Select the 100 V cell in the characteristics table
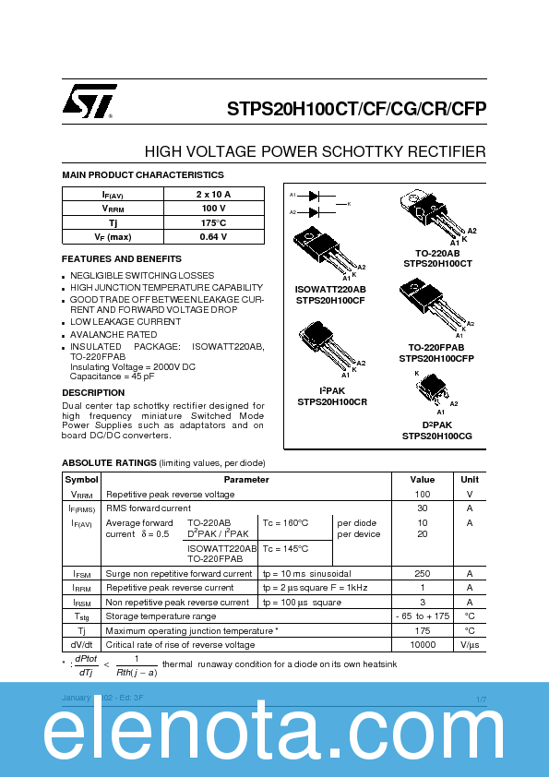[x=213, y=209]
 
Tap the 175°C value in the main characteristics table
[x=213, y=222]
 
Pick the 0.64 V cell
[x=213, y=237]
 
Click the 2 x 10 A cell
[x=213, y=194]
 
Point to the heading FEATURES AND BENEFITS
[x=122, y=259]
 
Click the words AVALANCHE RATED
[x=113, y=334]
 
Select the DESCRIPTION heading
[x=93, y=392]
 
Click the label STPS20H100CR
[x=332, y=402]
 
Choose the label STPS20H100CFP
[x=436, y=357]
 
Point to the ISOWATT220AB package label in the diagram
[x=331, y=289]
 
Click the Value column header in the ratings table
[x=422, y=480]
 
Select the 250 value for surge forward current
[x=422, y=573]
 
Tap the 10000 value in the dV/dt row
[x=422, y=644]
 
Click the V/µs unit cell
[x=470, y=644]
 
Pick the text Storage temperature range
[x=161, y=616]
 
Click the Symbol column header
[x=81, y=480]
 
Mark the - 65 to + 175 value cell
[x=422, y=616]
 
